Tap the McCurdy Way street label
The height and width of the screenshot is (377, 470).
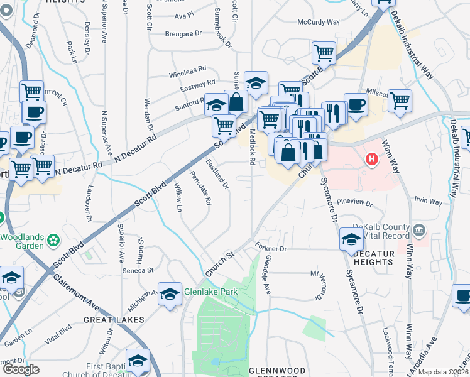click(x=318, y=22)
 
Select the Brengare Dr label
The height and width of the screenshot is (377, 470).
click(x=183, y=33)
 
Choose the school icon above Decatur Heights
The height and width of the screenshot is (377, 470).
click(x=351, y=239)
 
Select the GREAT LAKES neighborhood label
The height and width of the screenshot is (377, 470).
click(x=114, y=320)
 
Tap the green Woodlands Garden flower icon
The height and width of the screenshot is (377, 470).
click(x=55, y=239)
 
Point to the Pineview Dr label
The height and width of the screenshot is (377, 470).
click(x=355, y=204)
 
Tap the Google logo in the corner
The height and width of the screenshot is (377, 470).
click(x=21, y=369)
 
